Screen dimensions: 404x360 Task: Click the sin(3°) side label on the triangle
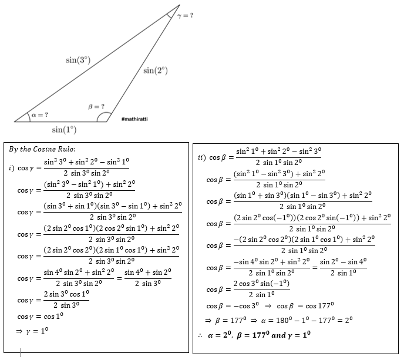[78, 60]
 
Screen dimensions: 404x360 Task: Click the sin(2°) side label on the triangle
[156, 70]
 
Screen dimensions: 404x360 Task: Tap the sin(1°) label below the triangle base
[64, 129]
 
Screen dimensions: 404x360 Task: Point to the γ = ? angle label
[185, 15]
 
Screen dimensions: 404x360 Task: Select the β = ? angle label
[96, 106]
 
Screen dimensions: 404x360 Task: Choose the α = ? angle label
[40, 115]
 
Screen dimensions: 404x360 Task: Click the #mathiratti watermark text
[134, 119]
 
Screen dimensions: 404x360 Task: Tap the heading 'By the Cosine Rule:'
[42, 149]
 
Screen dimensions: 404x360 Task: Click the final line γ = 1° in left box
[32, 331]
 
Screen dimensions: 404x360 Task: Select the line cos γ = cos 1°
[40, 316]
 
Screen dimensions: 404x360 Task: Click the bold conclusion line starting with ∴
[254, 335]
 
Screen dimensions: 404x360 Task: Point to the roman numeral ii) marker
[202, 157]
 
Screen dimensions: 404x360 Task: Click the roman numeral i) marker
[12, 168]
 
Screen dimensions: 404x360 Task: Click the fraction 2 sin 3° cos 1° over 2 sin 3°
[66, 300]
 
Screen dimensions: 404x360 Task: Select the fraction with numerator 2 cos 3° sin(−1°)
[261, 289]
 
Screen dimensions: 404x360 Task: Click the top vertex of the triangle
[180, 5]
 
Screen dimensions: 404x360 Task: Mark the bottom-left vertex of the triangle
[15, 122]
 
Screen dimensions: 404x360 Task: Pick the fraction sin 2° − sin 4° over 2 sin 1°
[343, 267]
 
